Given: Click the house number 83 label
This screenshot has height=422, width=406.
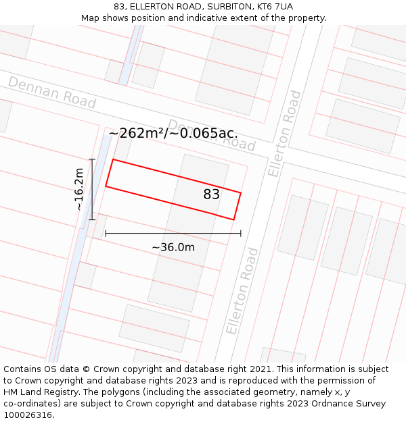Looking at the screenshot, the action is coord(212,194).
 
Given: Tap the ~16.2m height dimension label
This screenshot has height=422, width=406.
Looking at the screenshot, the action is coord(79,189).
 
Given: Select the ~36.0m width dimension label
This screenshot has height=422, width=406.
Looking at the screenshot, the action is coord(173,247).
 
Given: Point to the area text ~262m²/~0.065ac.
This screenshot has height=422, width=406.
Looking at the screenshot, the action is coord(173,133).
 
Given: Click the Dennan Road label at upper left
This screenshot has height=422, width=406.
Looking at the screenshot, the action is coord(51,92).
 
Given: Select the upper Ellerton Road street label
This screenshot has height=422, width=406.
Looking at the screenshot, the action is coord(284,134).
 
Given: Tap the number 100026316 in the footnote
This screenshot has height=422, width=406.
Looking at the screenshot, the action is coord(28,415).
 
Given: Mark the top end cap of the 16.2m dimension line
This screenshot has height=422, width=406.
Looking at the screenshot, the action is coord(92,159).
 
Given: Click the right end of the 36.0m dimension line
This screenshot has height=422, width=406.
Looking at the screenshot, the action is coord(241,234).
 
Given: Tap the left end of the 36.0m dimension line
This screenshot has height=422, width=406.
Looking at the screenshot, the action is coord(106,234).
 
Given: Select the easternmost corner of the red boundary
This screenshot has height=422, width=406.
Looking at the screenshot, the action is coord(241,193).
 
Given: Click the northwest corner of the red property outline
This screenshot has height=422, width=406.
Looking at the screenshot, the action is coord(112,159).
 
